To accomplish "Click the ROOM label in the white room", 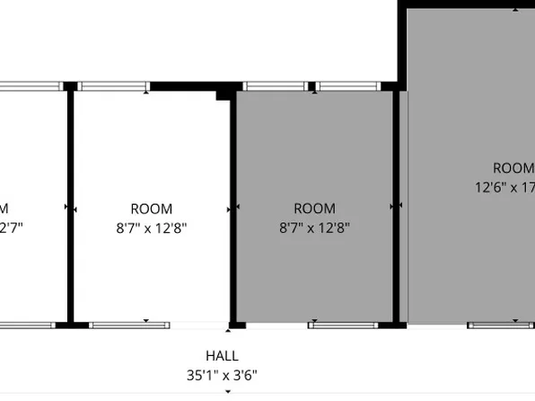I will pos(151,209).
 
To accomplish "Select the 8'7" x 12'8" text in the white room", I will pos(151,228).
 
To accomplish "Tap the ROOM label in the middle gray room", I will pos(314,209).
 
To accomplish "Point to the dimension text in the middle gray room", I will pos(314,228).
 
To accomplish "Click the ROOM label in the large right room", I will pos(513,168).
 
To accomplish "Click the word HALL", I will pos(222,356).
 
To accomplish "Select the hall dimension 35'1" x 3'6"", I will pos(222,376).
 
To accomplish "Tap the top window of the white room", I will pos(114,86).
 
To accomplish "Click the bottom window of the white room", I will pos(130,324).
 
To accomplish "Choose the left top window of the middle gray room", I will pos(275,86).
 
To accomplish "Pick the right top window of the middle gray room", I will pos(348,86).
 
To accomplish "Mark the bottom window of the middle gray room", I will pos(342,324).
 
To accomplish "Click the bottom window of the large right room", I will pos(500,324).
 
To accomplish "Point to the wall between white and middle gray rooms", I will pos(232,207).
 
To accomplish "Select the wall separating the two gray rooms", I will pos(396,207).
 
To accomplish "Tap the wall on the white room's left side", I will pos(70,207).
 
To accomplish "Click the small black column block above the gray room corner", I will pos(224,94).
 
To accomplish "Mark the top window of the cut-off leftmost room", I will pos(30,86).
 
